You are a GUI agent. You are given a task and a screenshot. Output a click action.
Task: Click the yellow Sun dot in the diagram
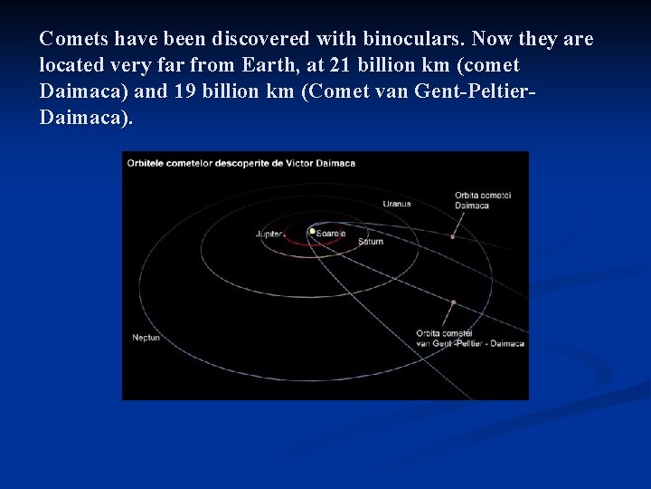312,231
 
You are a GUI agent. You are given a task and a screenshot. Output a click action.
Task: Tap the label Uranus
396,204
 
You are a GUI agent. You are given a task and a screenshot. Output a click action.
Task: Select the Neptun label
145,338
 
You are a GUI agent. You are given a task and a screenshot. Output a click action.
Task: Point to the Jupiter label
269,234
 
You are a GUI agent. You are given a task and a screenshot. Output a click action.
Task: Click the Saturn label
370,242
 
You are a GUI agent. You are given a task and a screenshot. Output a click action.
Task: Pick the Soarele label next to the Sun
330,234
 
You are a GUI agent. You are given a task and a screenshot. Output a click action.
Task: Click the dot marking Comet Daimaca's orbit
453,236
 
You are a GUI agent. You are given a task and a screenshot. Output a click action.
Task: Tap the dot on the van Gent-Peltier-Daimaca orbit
453,302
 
